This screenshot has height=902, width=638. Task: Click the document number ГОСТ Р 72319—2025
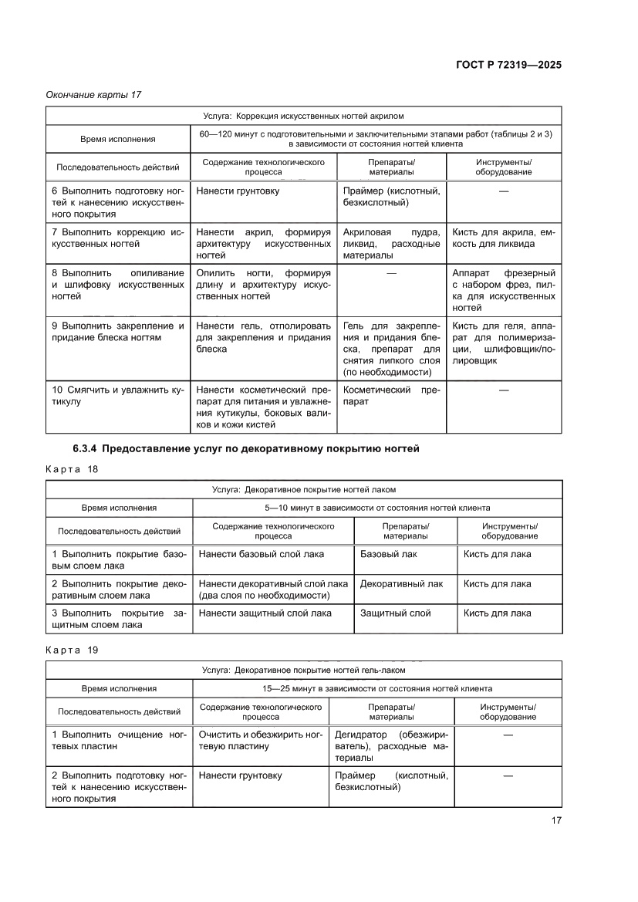[x=506, y=65]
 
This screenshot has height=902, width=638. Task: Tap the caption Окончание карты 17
[x=94, y=95]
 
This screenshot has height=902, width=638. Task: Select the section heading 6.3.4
[x=246, y=449]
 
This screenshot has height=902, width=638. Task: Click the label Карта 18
[x=73, y=469]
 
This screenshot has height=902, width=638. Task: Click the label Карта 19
[x=73, y=650]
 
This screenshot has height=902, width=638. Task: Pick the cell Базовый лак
[x=388, y=554]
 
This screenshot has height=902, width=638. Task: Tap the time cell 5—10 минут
[x=377, y=508]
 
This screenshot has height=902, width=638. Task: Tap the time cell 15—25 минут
[x=377, y=688]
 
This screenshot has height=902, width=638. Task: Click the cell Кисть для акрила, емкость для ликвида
[x=503, y=238]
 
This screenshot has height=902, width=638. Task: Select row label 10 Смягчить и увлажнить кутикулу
[x=119, y=396]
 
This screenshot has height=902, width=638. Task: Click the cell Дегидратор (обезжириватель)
[x=392, y=746]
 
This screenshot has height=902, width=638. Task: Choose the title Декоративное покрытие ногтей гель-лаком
[x=303, y=670]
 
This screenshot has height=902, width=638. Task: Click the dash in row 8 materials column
[x=392, y=273]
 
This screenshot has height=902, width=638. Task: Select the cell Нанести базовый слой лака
[x=261, y=554]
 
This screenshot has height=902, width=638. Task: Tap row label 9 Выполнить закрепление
[x=119, y=331]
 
